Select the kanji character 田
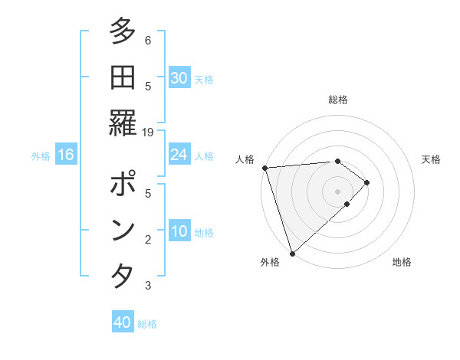pyautogui.click(x=122, y=77)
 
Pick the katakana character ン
pyautogui.click(x=122, y=231)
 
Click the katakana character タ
pyautogui.click(x=122, y=273)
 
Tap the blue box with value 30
pyautogui.click(x=179, y=78)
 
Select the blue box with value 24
pyautogui.click(x=179, y=155)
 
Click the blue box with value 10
pyautogui.click(x=179, y=232)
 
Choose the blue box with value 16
pyautogui.click(x=66, y=155)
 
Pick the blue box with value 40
pyautogui.click(x=123, y=323)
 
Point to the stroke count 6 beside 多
pyautogui.click(x=148, y=40)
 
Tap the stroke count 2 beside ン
pyautogui.click(x=148, y=240)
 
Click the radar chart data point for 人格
pyautogui.click(x=264, y=168)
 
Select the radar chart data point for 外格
pyautogui.click(x=292, y=252)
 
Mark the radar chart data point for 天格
pyautogui.click(x=367, y=182)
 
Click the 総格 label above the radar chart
pyautogui.click(x=337, y=100)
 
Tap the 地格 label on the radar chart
pyautogui.click(x=402, y=262)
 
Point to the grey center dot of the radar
pyautogui.click(x=337, y=191)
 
